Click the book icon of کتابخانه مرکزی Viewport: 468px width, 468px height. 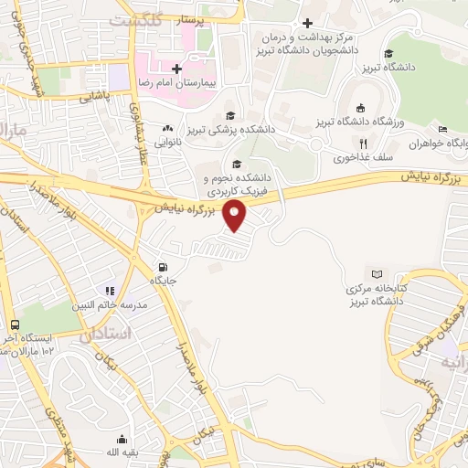tap(378, 272)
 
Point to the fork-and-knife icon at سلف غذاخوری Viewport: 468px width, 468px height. tap(363, 144)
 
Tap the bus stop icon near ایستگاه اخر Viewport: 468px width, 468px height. tap(16, 324)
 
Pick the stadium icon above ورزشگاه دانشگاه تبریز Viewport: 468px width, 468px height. tap(358, 106)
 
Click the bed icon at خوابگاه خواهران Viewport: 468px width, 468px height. tap(442, 129)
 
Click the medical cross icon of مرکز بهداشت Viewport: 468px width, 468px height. tap(309, 23)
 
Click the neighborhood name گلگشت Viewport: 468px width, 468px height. tap(134, 19)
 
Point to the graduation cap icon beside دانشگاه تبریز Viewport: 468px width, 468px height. tap(389, 53)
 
